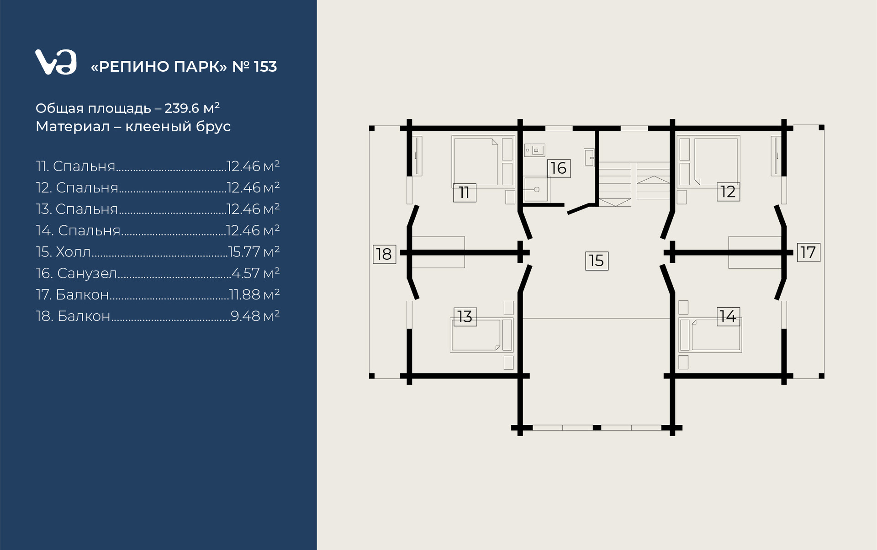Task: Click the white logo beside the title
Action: click(x=56, y=62)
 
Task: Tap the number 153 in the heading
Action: click(x=265, y=67)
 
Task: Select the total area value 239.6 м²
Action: click(x=192, y=108)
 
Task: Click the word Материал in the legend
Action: click(x=73, y=126)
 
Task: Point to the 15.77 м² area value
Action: click(x=254, y=251)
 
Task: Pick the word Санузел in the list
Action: click(x=87, y=273)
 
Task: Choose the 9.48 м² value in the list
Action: click(x=255, y=316)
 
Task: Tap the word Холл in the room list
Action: click(x=73, y=252)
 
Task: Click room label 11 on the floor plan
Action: click(x=465, y=192)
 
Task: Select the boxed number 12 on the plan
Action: click(x=728, y=192)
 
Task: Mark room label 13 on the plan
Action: click(x=465, y=316)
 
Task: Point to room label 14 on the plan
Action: click(x=728, y=316)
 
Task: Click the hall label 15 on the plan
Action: click(x=597, y=261)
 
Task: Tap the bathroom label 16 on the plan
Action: click(x=559, y=168)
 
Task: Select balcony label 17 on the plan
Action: click(x=808, y=252)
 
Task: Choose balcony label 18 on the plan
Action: click(x=384, y=254)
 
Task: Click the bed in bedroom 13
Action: click(x=476, y=335)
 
